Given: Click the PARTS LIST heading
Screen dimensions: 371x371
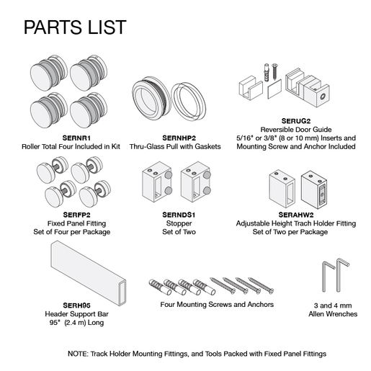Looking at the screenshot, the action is [75, 27].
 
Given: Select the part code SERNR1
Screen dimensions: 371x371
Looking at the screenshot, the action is [76, 138].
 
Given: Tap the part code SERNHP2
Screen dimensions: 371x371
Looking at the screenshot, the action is [179, 138].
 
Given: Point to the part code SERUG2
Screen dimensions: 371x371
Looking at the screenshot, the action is [296, 121].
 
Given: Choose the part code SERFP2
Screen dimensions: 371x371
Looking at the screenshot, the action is [76, 215].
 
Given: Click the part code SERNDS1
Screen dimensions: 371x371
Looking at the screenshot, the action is [179, 215].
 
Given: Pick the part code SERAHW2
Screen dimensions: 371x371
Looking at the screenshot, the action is [296, 215].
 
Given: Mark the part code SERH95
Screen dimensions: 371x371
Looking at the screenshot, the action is [76, 305].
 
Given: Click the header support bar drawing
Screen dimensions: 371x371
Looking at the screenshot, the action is [89, 273].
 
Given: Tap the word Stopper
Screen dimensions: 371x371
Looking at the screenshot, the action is [179, 223].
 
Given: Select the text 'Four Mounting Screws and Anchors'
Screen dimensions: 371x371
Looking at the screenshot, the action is [217, 305].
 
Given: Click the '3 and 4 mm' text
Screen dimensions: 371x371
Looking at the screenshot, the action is [333, 305].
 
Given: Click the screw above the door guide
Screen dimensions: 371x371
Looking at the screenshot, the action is [274, 71].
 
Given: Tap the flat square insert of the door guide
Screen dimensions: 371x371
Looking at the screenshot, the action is [274, 89].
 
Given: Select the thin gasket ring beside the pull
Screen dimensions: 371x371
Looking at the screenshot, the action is [189, 102].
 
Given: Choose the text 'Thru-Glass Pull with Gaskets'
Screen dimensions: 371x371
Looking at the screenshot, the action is [175, 146].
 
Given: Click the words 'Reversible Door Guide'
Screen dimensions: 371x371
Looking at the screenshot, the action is [296, 130].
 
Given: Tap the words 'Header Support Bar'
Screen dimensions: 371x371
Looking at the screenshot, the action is [76, 314].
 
